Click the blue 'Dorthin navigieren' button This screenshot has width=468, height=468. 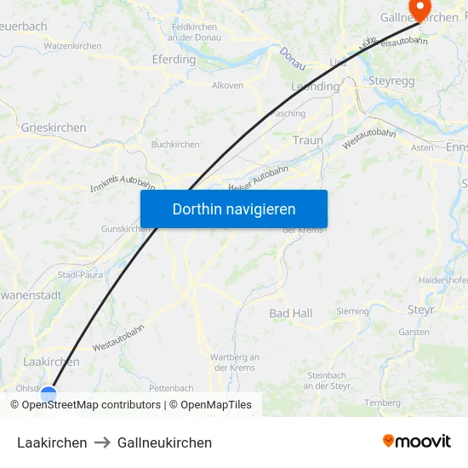pyautogui.click(x=234, y=208)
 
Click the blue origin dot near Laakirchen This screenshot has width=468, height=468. pyautogui.click(x=49, y=394)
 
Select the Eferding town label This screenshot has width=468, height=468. pyautogui.click(x=174, y=60)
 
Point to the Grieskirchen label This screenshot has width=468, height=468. pyautogui.click(x=54, y=128)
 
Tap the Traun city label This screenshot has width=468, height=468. pyautogui.click(x=307, y=140)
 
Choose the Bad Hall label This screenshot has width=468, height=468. pyautogui.click(x=291, y=313)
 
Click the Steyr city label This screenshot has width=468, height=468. pyautogui.click(x=421, y=311)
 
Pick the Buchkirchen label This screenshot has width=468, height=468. pyautogui.click(x=175, y=145)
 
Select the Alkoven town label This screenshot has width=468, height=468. pyautogui.click(x=227, y=85)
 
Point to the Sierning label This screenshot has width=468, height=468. pyautogui.click(x=353, y=311)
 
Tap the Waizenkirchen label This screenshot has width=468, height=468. pyautogui.click(x=73, y=46)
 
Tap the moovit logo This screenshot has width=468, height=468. pyautogui.click(x=417, y=441)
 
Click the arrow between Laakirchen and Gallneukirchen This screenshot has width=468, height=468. pyautogui.click(x=102, y=442)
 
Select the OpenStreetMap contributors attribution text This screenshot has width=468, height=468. pyautogui.click(x=86, y=405)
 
